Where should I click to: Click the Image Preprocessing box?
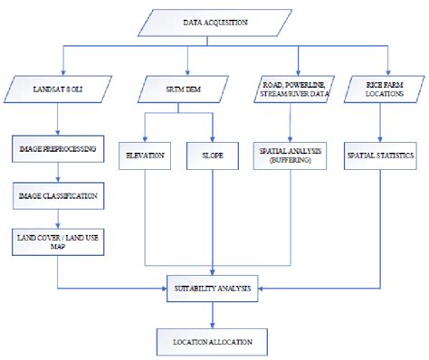click(x=58, y=146)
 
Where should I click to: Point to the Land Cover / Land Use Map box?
click(x=58, y=240)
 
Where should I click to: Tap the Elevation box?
click(x=145, y=156)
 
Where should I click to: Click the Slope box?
click(x=212, y=156)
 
